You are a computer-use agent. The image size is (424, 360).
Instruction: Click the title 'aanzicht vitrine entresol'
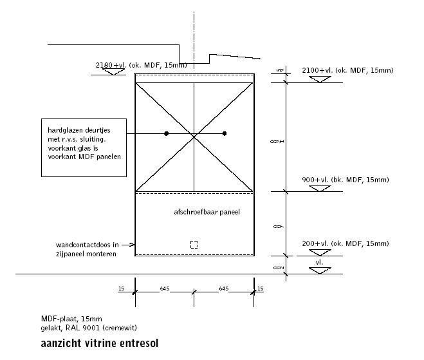[x=99, y=343]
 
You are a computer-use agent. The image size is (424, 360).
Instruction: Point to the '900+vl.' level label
[x=315, y=180]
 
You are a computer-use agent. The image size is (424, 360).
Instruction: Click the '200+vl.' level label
[x=315, y=243]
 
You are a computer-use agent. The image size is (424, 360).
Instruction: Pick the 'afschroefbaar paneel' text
[x=207, y=212]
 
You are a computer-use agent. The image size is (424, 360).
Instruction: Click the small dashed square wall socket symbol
[x=194, y=244]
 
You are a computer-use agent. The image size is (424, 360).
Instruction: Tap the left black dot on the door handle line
[x=166, y=133]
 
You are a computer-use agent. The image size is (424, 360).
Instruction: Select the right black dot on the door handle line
[x=225, y=133]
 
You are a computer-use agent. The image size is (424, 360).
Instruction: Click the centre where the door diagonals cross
[x=194, y=135]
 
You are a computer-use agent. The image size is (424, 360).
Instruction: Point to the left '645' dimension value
[x=165, y=289]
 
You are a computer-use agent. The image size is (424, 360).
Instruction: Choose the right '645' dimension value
[x=223, y=289]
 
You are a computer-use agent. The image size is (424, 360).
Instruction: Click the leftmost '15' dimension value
[x=121, y=289]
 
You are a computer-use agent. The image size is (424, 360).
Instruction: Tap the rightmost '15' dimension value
[x=260, y=289]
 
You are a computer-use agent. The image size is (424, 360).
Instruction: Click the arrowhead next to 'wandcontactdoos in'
[x=133, y=245]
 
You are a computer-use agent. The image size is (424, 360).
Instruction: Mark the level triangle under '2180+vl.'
[x=115, y=72]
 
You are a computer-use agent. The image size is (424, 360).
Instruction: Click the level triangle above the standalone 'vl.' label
[x=320, y=270]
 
